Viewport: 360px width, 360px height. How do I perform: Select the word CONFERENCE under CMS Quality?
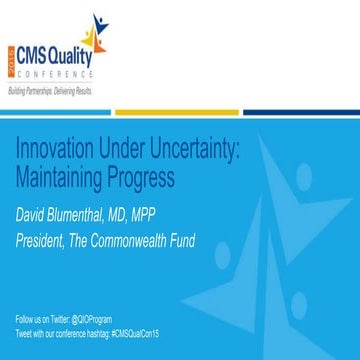(57, 74)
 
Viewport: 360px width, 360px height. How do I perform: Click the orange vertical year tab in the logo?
(11, 60)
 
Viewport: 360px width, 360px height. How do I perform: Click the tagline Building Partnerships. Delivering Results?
(50, 90)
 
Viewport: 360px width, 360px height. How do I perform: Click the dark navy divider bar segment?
(301, 112)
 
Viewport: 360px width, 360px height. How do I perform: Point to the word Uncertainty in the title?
(205, 149)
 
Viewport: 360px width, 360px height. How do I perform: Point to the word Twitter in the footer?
(61, 317)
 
